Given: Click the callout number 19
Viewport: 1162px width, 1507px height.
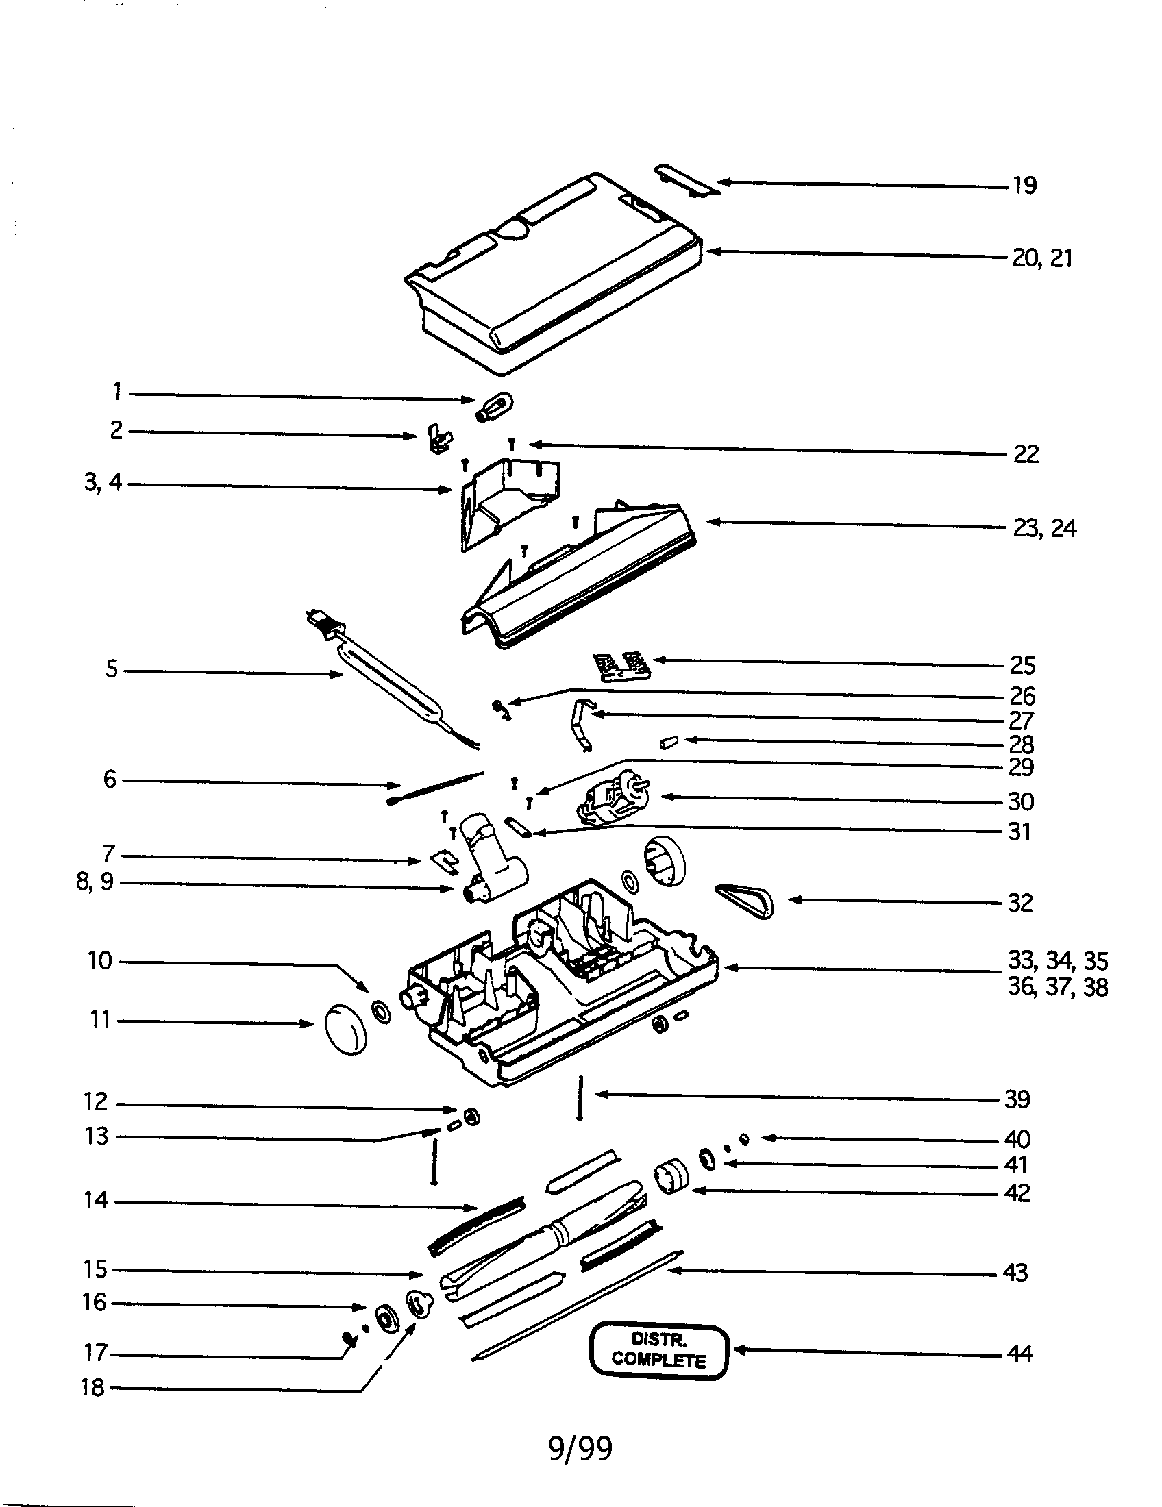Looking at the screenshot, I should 1024,186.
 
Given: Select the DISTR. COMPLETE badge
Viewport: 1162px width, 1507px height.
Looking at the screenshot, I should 659,1350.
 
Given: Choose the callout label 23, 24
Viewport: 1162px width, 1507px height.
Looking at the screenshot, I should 1044,529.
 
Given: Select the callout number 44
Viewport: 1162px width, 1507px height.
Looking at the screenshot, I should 1019,1354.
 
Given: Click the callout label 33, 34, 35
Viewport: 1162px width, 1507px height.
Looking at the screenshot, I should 1057,960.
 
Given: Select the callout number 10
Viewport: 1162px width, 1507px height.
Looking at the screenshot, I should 100,960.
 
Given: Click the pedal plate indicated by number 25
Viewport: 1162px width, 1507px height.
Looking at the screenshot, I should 622,667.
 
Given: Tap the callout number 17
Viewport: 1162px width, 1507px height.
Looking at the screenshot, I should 96,1353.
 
